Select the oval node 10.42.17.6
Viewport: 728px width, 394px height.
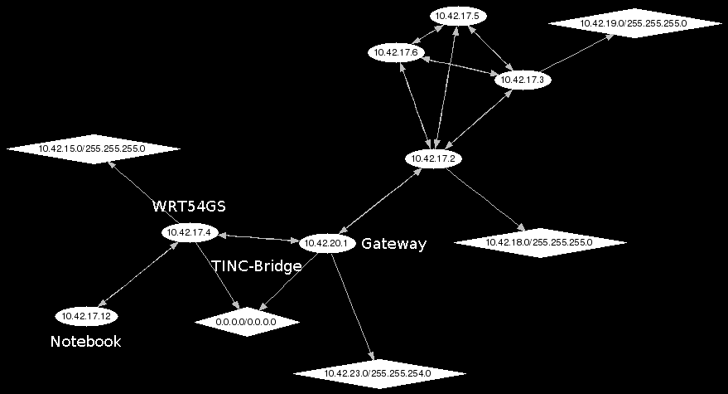(x=398, y=52)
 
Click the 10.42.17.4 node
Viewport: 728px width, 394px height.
(x=190, y=233)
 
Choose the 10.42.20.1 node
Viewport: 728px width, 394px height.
(x=327, y=243)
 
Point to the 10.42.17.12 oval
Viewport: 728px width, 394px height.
(x=86, y=316)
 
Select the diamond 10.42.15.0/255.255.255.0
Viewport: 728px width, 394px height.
(x=92, y=148)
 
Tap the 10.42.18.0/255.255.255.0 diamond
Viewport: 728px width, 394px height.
(x=540, y=242)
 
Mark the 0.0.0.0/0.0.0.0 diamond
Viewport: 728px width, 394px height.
(x=246, y=321)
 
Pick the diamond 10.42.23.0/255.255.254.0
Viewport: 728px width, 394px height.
(x=378, y=373)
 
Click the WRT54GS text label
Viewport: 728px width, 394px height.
(x=189, y=207)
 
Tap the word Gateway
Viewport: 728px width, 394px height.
(x=393, y=244)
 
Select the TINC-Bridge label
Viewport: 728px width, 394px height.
(x=257, y=267)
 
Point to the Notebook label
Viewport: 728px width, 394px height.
(x=86, y=342)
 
